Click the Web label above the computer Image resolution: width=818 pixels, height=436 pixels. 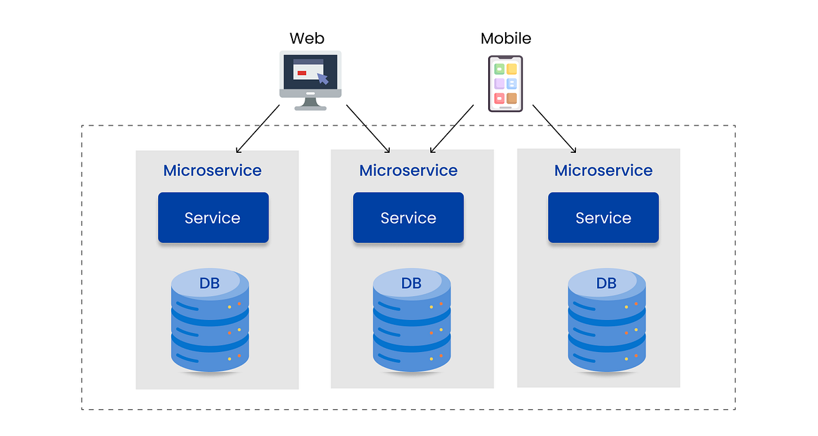point(307,38)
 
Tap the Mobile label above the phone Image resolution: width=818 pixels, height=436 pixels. point(505,38)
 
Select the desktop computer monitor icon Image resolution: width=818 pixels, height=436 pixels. point(310,76)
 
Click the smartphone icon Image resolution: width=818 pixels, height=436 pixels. point(505,83)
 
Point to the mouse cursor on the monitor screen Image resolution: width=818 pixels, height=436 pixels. point(322,79)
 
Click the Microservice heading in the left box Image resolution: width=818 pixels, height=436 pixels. point(212,170)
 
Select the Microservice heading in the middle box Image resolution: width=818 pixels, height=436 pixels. point(408,170)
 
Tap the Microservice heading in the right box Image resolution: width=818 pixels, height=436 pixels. point(603,170)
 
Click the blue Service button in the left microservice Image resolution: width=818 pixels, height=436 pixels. point(213,218)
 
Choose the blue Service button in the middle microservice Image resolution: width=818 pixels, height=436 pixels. point(408,218)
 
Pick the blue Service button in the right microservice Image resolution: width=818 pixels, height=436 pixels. point(603,218)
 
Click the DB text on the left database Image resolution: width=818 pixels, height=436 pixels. point(209,283)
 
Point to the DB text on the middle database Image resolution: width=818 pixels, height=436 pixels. point(411,283)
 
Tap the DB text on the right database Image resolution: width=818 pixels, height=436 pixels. point(606,283)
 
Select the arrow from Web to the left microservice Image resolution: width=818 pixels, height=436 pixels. point(258,129)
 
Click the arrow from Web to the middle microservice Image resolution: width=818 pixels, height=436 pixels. point(368,129)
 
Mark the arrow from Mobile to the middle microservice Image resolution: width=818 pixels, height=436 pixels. point(451,129)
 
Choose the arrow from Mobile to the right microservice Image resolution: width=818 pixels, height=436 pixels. point(554,129)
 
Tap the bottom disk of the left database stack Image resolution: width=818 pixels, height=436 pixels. point(209,355)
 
